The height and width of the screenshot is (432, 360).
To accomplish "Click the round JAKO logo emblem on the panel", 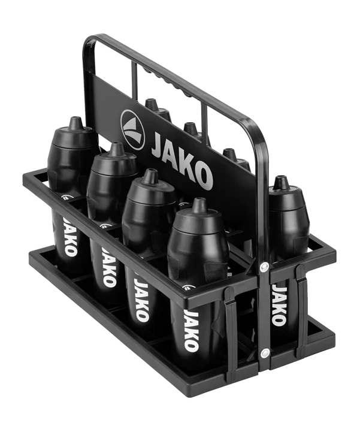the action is (x=133, y=130).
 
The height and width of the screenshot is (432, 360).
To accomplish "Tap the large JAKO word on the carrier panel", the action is (x=182, y=161).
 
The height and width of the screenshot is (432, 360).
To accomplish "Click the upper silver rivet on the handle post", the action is (x=264, y=266).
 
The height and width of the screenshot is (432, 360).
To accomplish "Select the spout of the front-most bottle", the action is (x=199, y=206).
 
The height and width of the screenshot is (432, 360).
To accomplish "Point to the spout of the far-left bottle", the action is (x=75, y=123).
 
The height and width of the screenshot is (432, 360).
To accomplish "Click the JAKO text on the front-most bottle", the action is (x=192, y=330).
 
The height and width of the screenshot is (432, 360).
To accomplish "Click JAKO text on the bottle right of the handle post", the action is (x=279, y=305).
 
